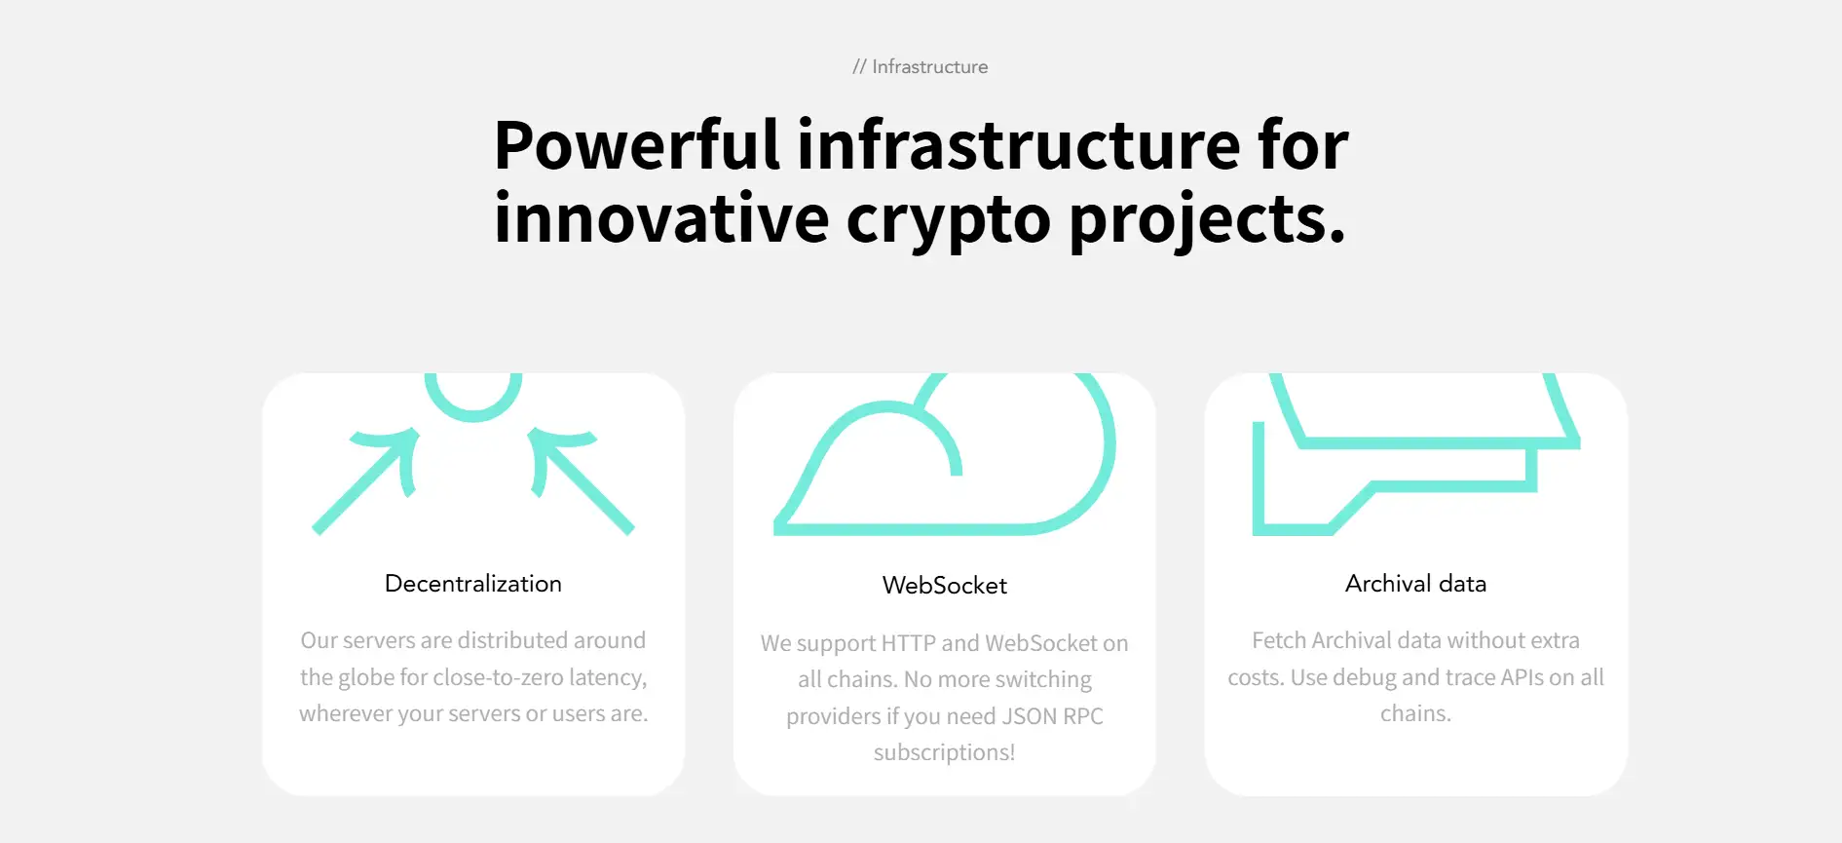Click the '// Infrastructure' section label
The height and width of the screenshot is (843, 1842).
coord(920,66)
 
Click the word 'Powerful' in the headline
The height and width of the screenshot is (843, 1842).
coord(637,145)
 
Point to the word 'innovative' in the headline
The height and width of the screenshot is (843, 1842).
coord(661,217)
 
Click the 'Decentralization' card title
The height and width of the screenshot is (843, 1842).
coord(473,584)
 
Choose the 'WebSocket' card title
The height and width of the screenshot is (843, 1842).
coord(945,586)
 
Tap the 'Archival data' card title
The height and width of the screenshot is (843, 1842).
coord(1416,584)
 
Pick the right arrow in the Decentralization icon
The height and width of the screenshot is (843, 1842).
coord(582,480)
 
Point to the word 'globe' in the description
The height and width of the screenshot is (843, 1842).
coord(366,677)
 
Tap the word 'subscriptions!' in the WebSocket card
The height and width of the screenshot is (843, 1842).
coord(945,753)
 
